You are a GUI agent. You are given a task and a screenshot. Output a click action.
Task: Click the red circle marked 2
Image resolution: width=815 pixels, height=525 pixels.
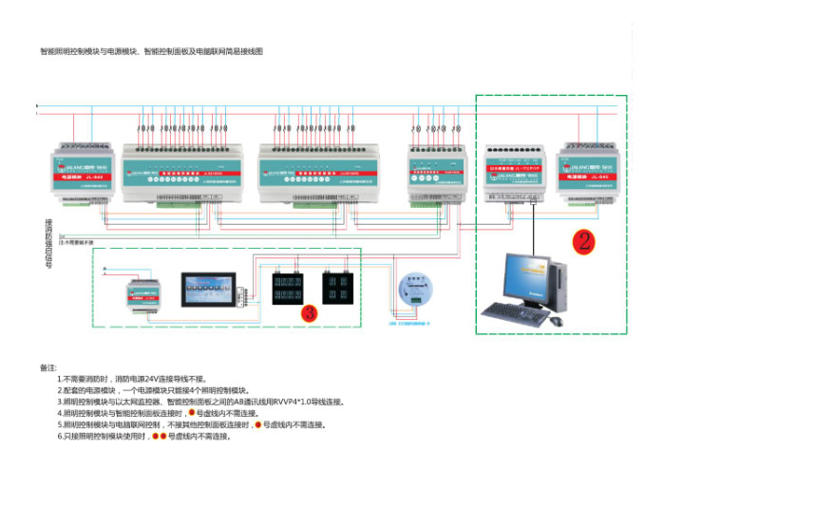click(583, 241)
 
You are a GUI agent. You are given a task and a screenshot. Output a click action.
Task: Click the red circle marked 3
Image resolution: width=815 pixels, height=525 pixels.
click(308, 311)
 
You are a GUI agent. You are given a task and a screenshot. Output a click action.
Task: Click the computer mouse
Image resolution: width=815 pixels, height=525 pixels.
click(557, 321)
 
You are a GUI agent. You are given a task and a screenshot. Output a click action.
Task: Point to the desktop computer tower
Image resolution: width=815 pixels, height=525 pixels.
click(560, 286)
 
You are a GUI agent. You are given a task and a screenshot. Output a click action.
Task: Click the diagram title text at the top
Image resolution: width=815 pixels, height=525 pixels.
click(151, 51)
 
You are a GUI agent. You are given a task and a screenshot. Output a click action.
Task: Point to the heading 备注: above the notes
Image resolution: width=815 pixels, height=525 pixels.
click(48, 367)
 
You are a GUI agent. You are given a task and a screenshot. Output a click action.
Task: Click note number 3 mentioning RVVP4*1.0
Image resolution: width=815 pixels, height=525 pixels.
click(200, 402)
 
